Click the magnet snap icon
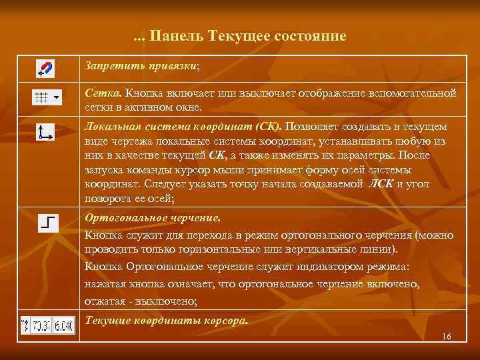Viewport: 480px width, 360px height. (x=45, y=69)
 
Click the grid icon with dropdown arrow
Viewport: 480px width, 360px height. (x=46, y=97)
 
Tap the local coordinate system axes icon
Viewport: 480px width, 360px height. (x=45, y=132)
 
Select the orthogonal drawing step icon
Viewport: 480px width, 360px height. (x=48, y=223)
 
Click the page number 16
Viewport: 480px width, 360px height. (x=446, y=336)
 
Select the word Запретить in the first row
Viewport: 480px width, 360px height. (x=108, y=66)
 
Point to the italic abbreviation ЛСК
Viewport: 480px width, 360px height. (x=381, y=184)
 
